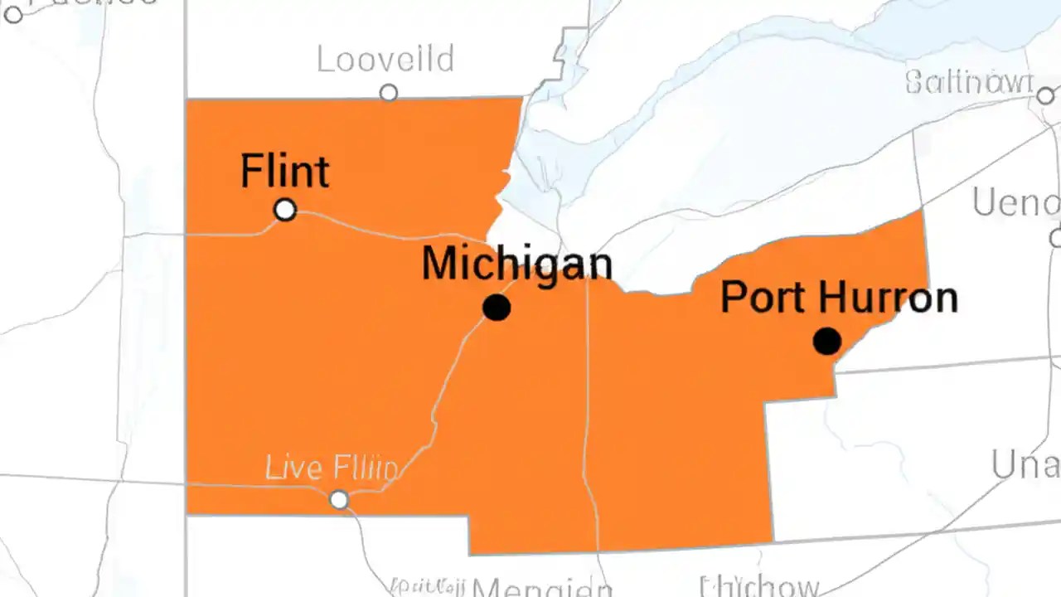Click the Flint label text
click(284, 172)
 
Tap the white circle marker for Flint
click(285, 210)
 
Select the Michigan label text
click(516, 265)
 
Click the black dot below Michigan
click(497, 308)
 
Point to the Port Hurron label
click(838, 297)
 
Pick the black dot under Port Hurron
click(826, 341)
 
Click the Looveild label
click(385, 60)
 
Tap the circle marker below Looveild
click(388, 93)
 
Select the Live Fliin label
click(331, 468)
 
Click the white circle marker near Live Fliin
click(339, 500)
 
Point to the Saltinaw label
click(969, 82)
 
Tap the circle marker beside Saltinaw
click(1045, 96)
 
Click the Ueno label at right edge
click(1016, 202)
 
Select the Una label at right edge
click(1026, 466)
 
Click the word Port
click(761, 297)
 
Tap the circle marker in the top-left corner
click(13, 13)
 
